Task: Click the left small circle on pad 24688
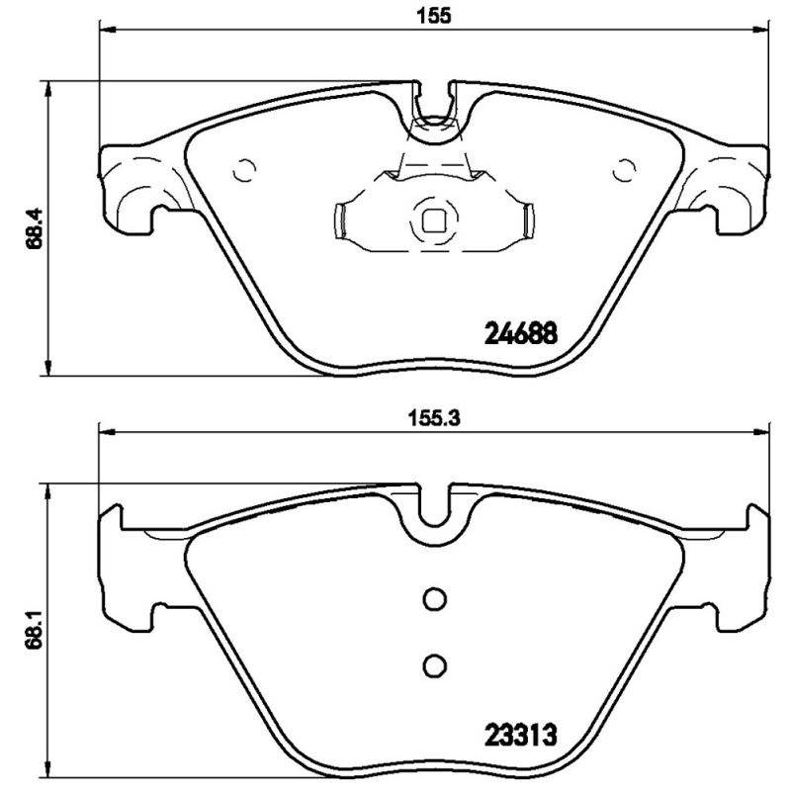[244, 170]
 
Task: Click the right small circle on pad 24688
[623, 170]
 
